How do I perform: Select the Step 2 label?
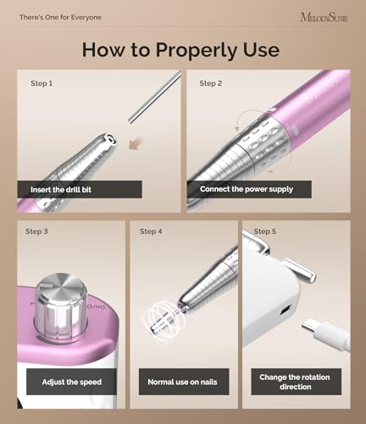pyautogui.click(x=210, y=83)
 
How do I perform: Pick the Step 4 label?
pyautogui.click(x=151, y=232)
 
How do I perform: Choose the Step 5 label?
pyautogui.click(x=264, y=232)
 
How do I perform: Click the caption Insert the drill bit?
pyautogui.click(x=60, y=188)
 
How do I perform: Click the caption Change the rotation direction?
pyautogui.click(x=296, y=382)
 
